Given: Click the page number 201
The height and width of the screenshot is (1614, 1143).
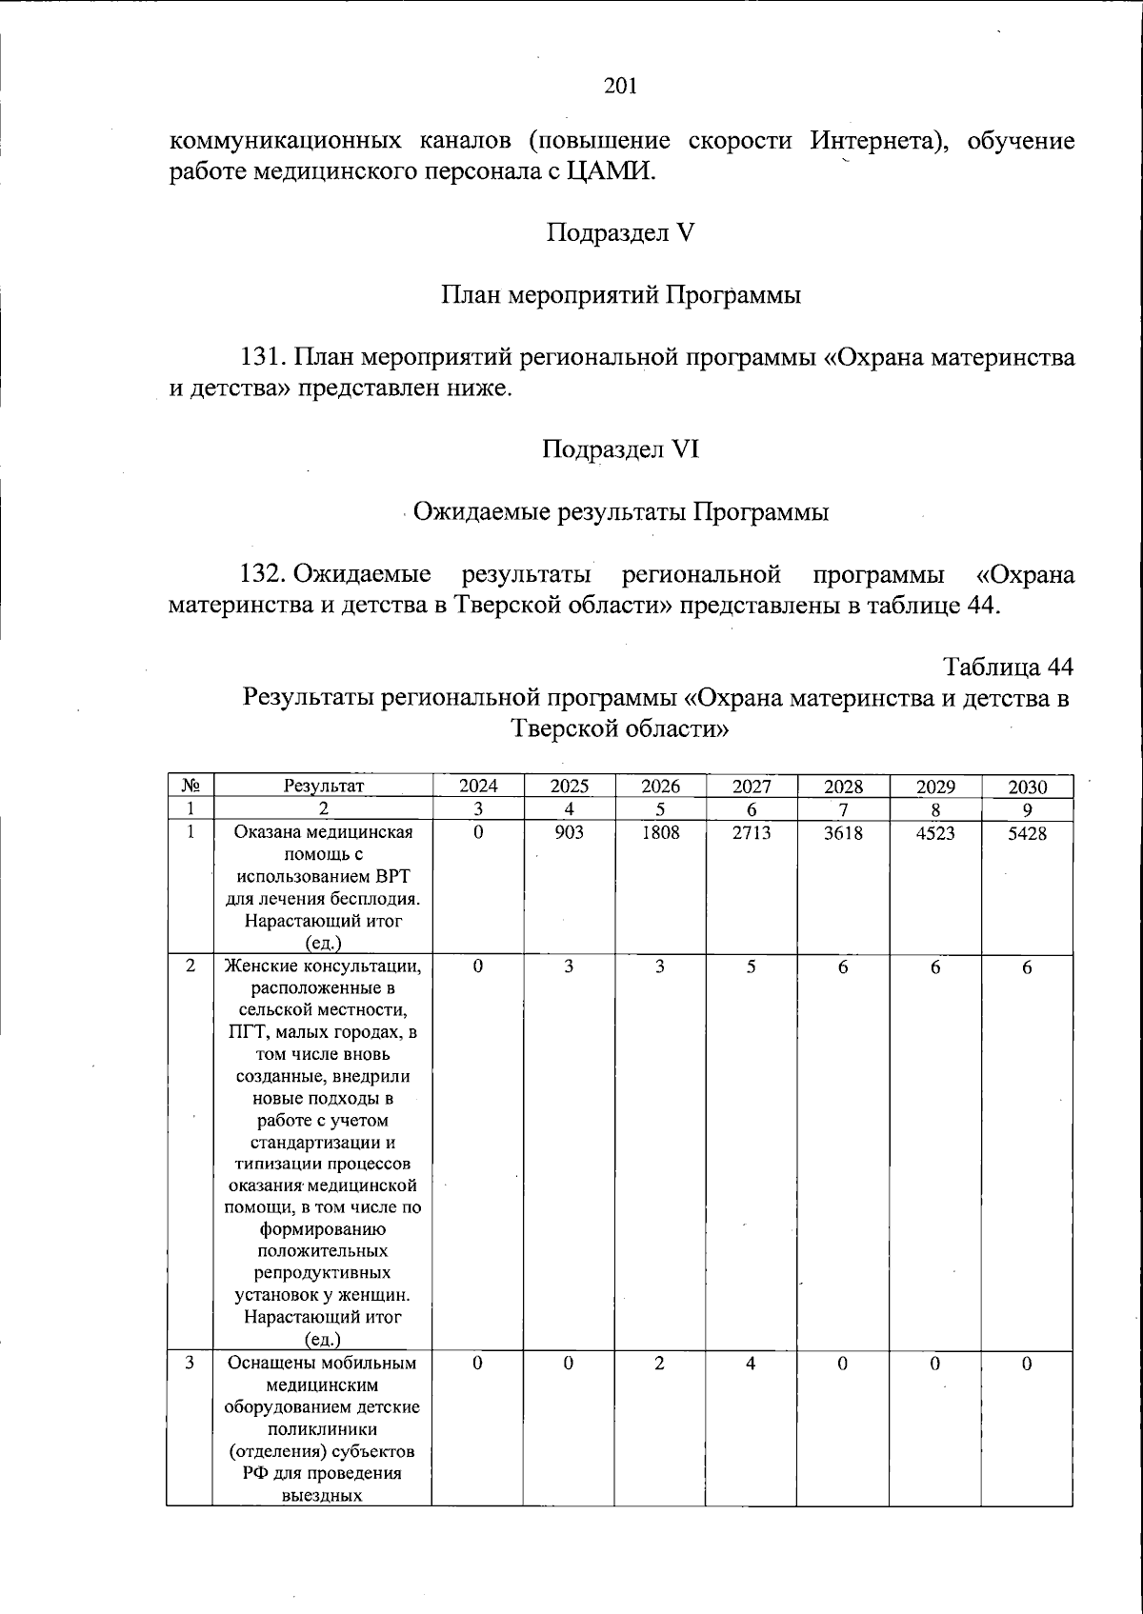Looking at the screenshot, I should (x=620, y=87).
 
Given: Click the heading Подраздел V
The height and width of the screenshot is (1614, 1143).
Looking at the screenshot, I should (x=620, y=232).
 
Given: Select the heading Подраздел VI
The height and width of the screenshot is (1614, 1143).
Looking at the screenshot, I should (x=620, y=448).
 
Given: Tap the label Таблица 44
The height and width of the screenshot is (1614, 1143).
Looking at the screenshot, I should (x=1009, y=665).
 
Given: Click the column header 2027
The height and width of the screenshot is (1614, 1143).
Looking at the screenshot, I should (x=752, y=787).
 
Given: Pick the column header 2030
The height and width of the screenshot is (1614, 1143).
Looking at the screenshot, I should (x=1027, y=787).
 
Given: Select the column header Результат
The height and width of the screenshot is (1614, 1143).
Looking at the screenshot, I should (x=323, y=787).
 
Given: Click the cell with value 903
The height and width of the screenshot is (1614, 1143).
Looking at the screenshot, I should (x=569, y=832).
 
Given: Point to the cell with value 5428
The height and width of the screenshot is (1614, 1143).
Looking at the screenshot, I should (x=1027, y=832).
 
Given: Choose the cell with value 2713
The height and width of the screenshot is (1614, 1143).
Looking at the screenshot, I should (x=752, y=832).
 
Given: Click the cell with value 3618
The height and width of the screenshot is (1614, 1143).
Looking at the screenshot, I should (x=843, y=832).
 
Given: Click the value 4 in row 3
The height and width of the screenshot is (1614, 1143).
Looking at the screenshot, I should (x=752, y=1363).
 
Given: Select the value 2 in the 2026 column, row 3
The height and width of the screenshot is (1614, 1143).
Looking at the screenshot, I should (x=660, y=1363).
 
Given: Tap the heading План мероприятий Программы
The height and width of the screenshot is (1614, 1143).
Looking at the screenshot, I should (x=620, y=294).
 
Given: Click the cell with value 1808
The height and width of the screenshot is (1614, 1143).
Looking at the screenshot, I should (x=660, y=832).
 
